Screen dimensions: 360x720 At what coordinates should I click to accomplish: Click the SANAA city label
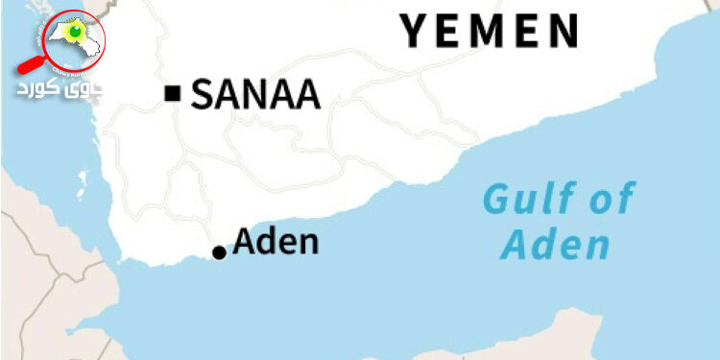point(254,94)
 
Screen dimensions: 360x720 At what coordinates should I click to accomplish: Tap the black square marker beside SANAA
point(173,93)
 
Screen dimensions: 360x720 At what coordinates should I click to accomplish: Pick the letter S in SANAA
point(204,94)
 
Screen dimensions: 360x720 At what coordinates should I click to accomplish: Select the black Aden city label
point(276,241)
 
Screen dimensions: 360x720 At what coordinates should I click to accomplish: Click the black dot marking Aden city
point(219,252)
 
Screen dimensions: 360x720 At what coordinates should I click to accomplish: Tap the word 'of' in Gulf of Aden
point(614,200)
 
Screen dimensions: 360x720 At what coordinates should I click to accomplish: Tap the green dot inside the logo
point(77,35)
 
